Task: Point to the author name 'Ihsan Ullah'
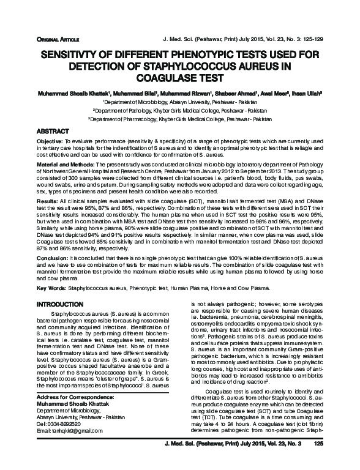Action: tap(306, 95)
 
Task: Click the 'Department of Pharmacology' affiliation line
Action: tap(180, 120)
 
